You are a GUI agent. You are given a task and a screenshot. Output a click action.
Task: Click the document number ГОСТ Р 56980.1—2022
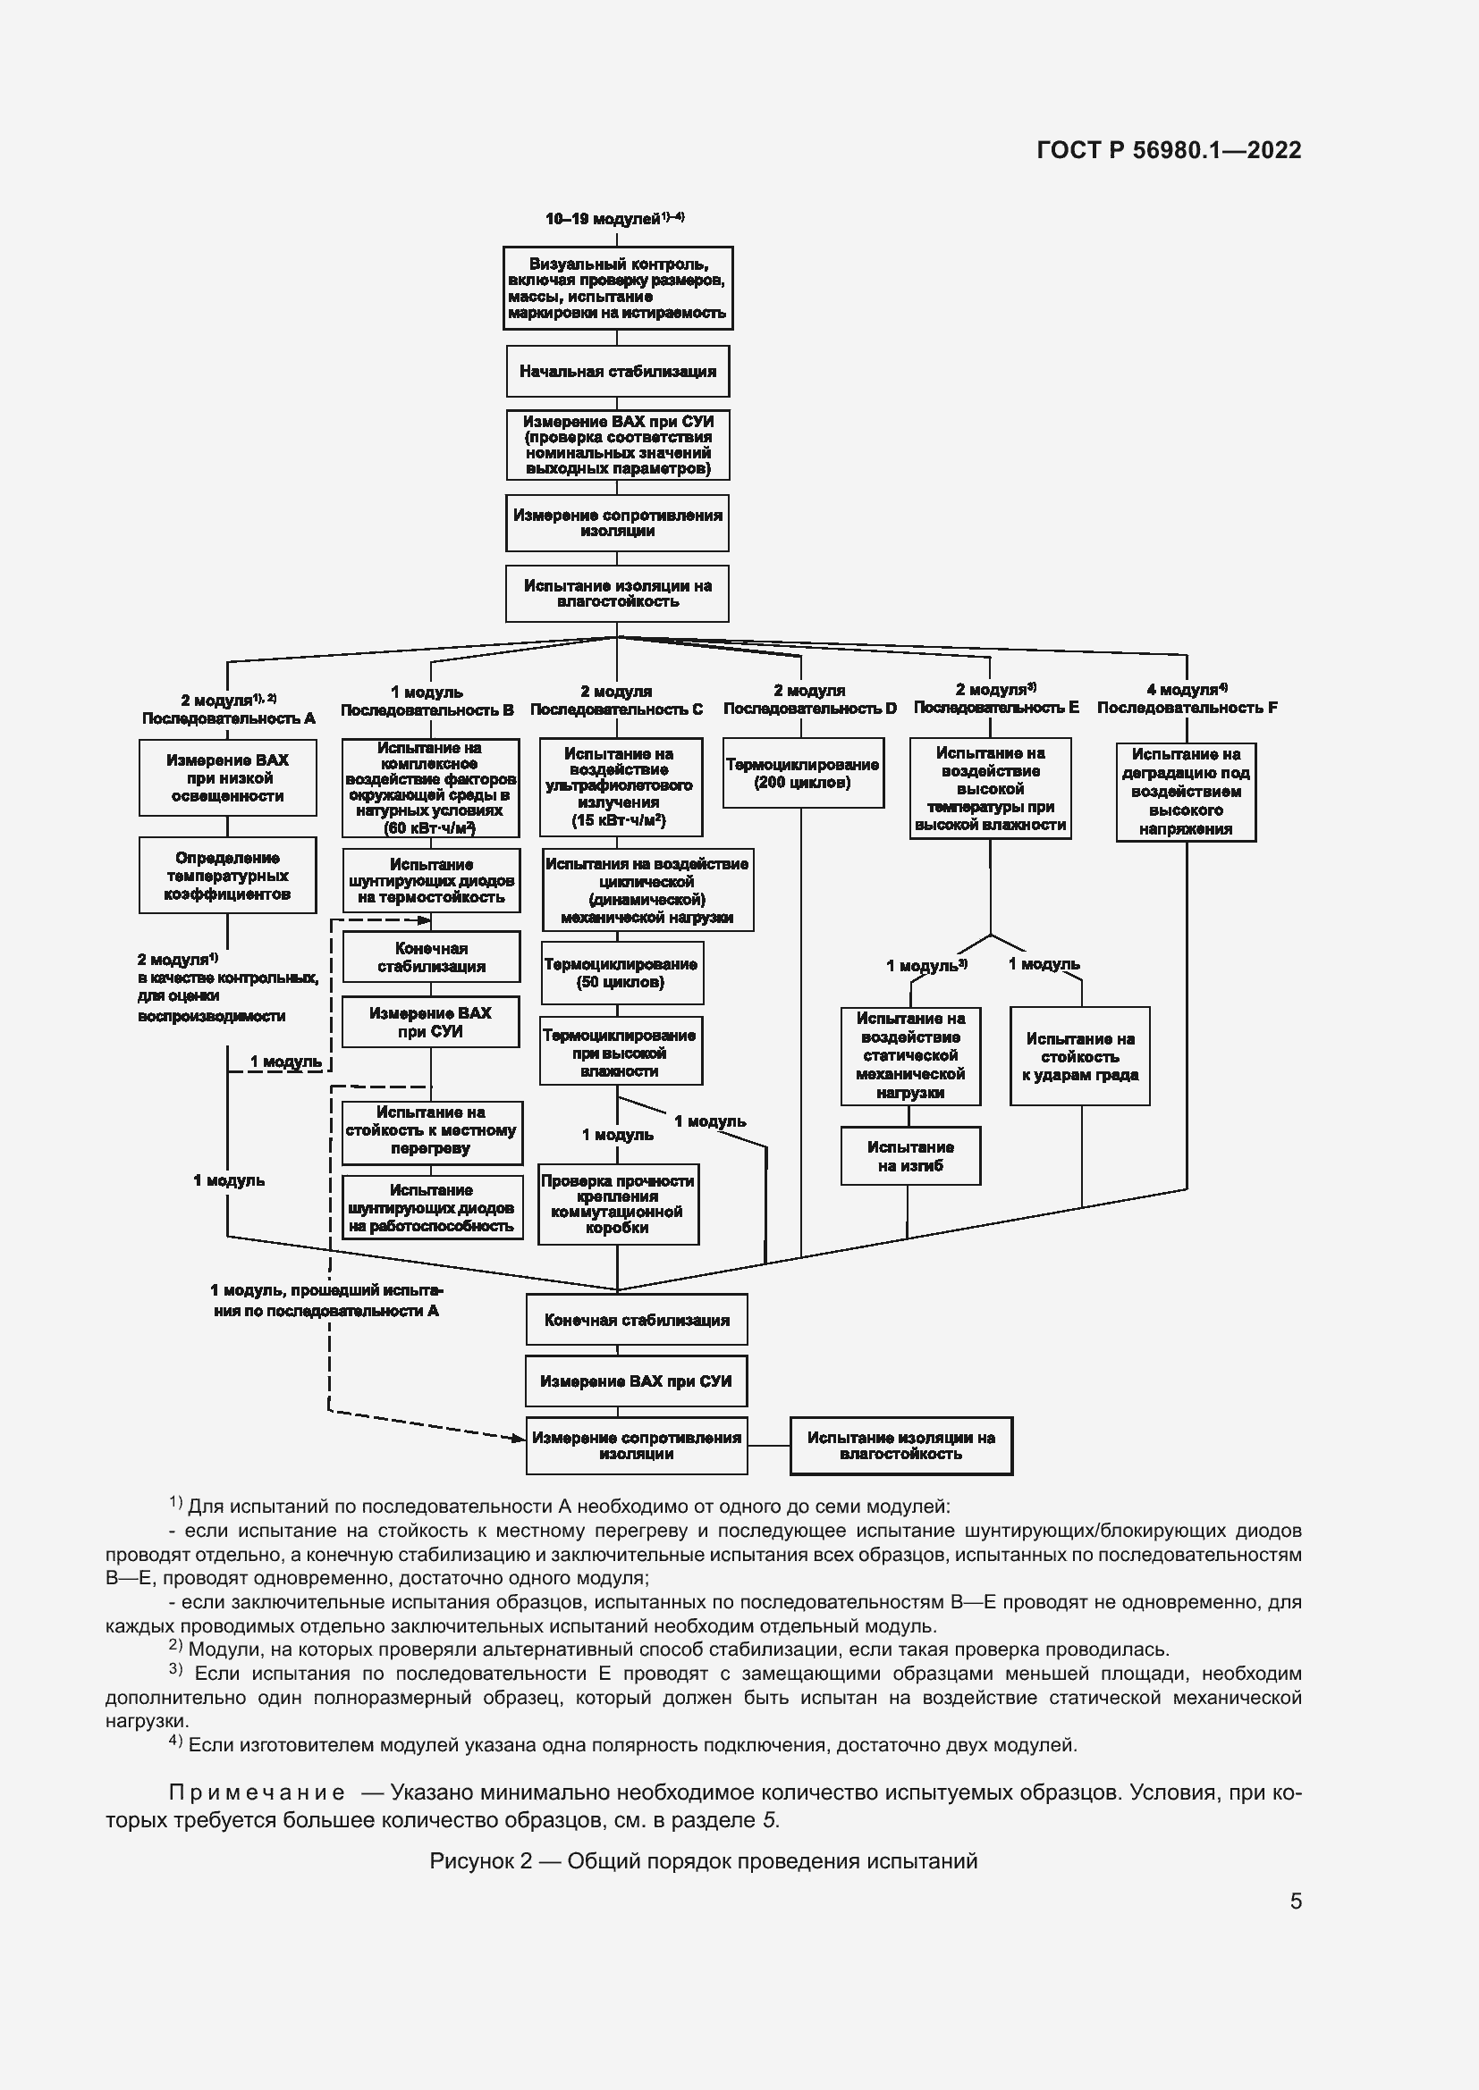click(1169, 150)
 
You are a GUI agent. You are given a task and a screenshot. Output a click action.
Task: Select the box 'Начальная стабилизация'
click(618, 372)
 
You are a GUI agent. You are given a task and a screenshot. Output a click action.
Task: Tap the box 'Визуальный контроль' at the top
click(618, 288)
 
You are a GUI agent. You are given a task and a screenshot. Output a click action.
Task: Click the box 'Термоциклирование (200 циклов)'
click(802, 773)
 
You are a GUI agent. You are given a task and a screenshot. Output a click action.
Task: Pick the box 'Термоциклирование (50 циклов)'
click(621, 973)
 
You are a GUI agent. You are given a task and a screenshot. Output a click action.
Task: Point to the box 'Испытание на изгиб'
click(909, 1156)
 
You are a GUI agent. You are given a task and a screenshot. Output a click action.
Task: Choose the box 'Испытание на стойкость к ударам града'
click(1080, 1056)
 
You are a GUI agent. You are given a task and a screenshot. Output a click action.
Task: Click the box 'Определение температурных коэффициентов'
click(228, 876)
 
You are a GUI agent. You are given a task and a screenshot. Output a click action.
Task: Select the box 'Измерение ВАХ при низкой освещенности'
click(228, 777)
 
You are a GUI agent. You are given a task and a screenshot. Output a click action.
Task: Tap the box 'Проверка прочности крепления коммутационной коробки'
click(619, 1204)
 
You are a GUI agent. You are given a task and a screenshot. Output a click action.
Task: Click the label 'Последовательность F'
click(1187, 708)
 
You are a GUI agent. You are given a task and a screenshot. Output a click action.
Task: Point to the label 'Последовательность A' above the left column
click(229, 718)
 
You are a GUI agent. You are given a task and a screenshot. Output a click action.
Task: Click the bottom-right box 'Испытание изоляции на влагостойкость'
click(900, 1446)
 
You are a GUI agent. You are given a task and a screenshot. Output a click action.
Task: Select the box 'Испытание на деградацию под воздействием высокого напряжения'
click(1186, 792)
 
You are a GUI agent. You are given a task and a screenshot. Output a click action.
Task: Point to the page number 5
click(1296, 1901)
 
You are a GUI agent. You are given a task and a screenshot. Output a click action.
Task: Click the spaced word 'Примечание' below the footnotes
click(257, 1792)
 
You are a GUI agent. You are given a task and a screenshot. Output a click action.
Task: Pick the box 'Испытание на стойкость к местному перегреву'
click(432, 1132)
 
